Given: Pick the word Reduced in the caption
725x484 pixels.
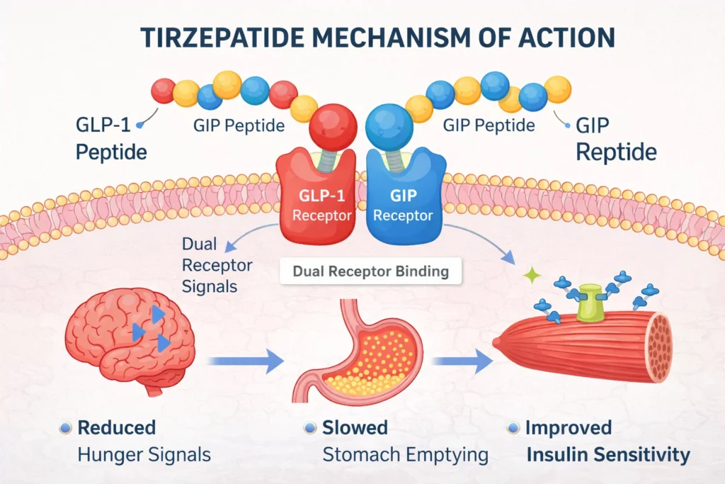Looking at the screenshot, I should click(117, 427).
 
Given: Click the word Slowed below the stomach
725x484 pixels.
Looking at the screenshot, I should click(355, 427).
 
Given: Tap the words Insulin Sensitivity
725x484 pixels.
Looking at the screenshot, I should click(607, 454).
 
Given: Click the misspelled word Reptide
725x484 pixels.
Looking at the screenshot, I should click(616, 152).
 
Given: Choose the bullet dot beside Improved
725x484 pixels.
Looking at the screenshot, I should click(513, 428).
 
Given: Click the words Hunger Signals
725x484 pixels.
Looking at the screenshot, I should click(144, 454).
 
